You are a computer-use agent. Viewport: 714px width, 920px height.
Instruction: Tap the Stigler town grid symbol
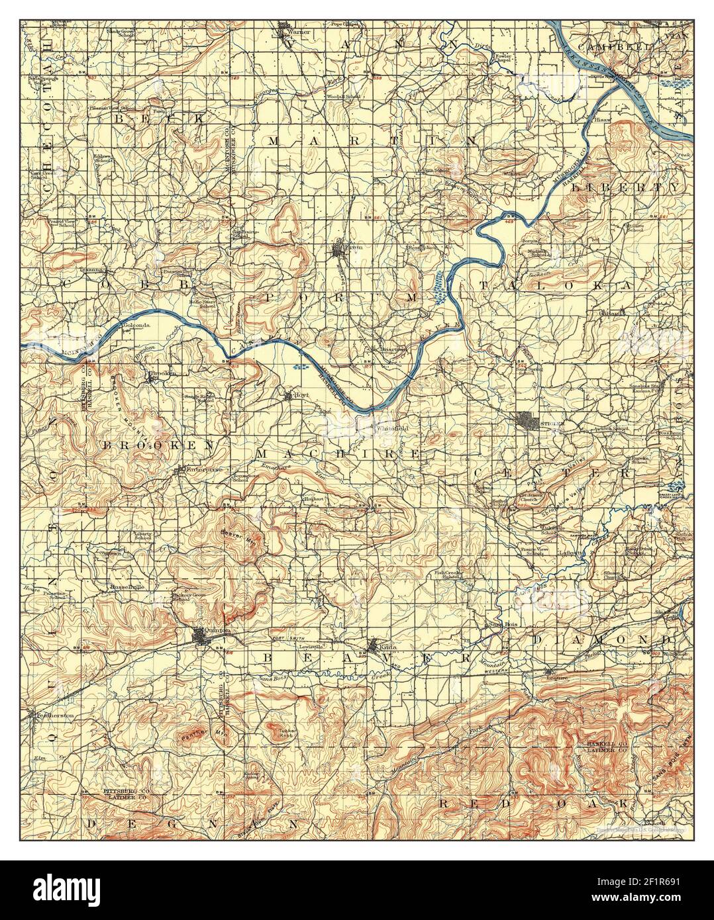point(528,420)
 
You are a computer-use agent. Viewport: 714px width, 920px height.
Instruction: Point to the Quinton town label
point(218,631)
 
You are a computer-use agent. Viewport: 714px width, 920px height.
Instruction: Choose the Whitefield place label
point(392,429)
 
